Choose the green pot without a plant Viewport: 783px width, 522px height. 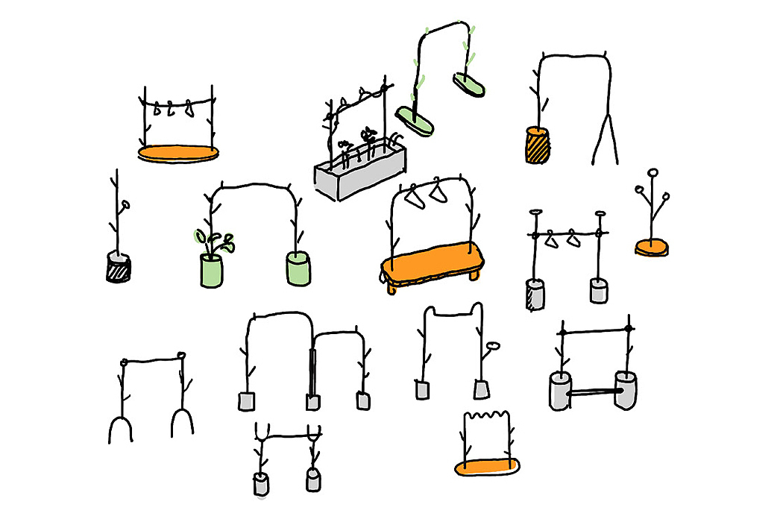click(x=298, y=268)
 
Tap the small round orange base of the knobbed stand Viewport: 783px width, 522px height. click(x=651, y=246)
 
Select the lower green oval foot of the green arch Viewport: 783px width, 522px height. click(x=416, y=122)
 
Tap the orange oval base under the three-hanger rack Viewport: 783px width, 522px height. click(x=179, y=154)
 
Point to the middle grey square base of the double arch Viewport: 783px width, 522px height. click(x=312, y=402)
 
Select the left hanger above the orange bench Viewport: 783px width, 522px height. click(x=415, y=198)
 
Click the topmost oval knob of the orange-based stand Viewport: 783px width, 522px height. click(x=652, y=174)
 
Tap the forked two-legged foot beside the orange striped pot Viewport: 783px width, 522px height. click(x=606, y=142)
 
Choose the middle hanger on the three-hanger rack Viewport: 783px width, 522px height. click(x=173, y=108)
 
